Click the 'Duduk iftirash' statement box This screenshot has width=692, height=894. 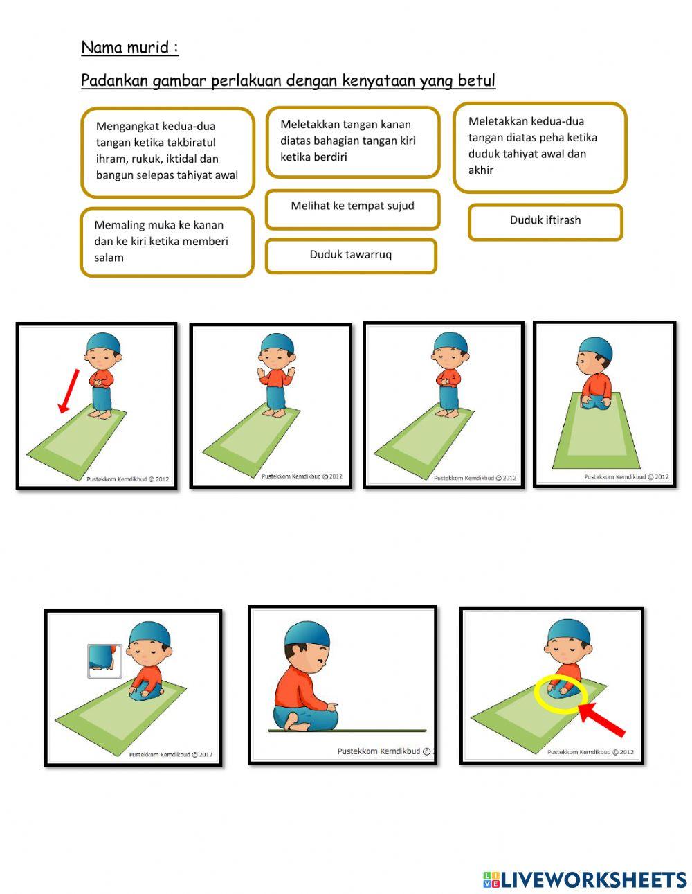tap(545, 222)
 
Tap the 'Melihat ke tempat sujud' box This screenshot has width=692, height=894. tap(353, 209)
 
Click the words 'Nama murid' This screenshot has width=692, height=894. tap(125, 47)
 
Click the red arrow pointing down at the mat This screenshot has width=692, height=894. tap(69, 391)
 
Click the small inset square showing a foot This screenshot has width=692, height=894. tap(104, 661)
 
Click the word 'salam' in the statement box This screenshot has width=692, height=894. tap(109, 258)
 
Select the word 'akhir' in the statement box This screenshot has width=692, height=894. tap(481, 170)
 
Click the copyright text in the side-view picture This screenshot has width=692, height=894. tap(385, 751)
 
